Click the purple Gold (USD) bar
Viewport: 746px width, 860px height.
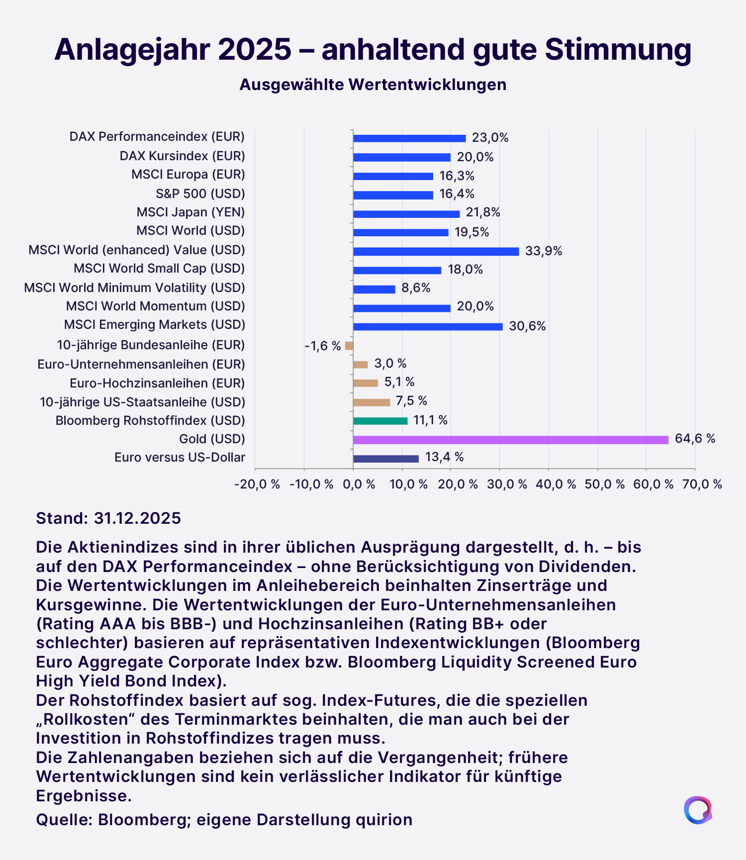coord(510,440)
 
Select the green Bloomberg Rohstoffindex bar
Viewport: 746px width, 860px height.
coord(380,421)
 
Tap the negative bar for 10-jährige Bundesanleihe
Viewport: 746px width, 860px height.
coord(349,346)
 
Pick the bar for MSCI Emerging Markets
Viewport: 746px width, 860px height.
coord(428,327)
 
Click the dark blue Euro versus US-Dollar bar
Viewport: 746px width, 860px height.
coord(385,459)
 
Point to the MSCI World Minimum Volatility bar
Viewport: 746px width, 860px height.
coord(374,289)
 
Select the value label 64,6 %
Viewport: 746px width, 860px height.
coord(695,439)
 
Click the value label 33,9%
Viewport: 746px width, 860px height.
coord(544,251)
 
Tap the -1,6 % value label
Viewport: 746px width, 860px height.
coord(323,346)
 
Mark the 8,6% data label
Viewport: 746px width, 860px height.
coord(416,288)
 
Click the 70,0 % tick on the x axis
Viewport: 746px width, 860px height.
coord(702,484)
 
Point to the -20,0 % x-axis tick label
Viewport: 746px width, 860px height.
coord(257,484)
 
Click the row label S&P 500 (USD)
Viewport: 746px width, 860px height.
coord(200,193)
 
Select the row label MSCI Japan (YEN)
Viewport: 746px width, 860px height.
coord(190,212)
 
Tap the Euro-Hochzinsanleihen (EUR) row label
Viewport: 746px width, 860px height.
coord(157,383)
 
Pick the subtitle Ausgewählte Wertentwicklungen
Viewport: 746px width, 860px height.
coord(373,85)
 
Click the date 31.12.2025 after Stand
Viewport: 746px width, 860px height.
coord(137,518)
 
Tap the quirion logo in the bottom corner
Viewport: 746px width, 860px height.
coord(697,810)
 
